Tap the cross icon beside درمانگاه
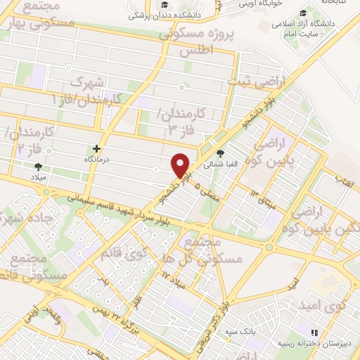(97, 148)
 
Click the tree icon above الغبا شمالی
(221, 153)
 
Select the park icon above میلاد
(38, 166)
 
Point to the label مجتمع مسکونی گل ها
(211, 250)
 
